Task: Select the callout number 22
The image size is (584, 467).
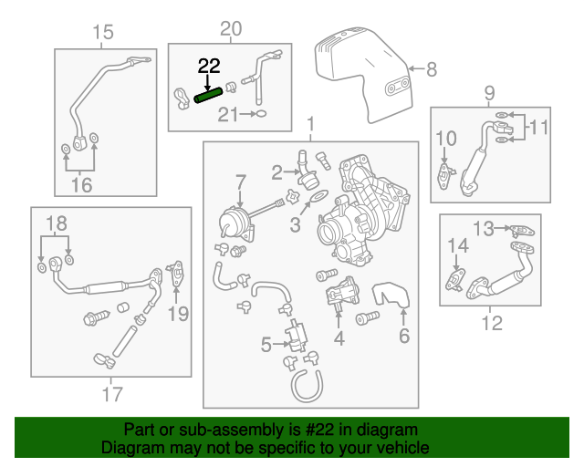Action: (209, 67)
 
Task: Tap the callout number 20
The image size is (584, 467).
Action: (231, 29)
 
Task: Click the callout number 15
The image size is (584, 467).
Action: (102, 34)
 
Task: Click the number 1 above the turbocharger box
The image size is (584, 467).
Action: (310, 124)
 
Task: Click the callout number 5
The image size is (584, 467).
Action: (266, 345)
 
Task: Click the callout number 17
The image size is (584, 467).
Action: (111, 396)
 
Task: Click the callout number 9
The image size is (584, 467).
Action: (489, 92)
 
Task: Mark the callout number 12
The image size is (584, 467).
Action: (491, 322)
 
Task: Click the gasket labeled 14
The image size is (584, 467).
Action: (455, 278)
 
